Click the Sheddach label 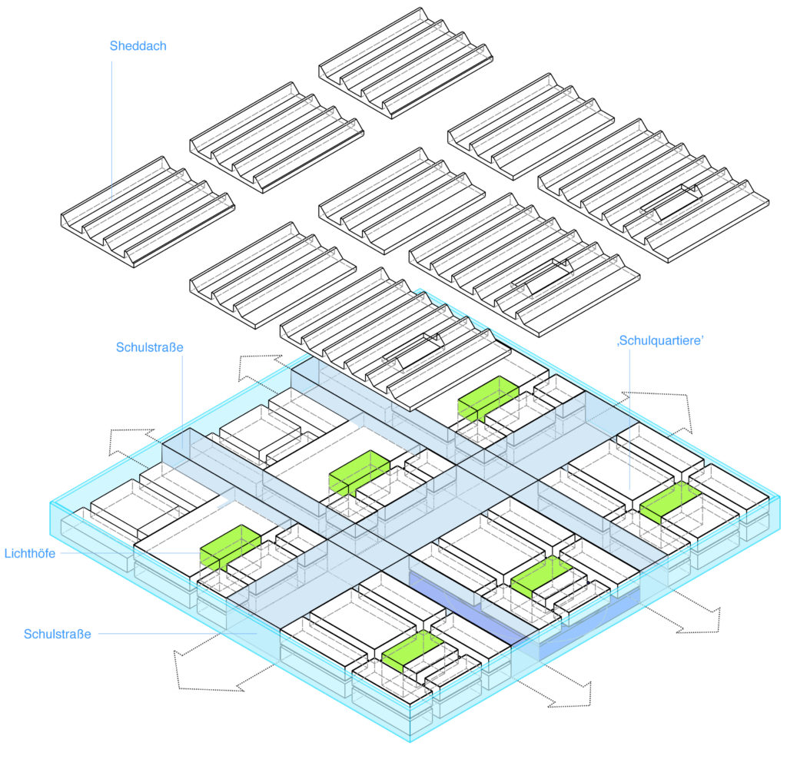click(x=138, y=46)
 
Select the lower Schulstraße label click(x=58, y=634)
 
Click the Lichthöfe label click(x=30, y=553)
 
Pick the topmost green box click(x=488, y=397)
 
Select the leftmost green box click(x=230, y=545)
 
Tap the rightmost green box click(x=669, y=501)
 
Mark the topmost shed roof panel click(x=405, y=61)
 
